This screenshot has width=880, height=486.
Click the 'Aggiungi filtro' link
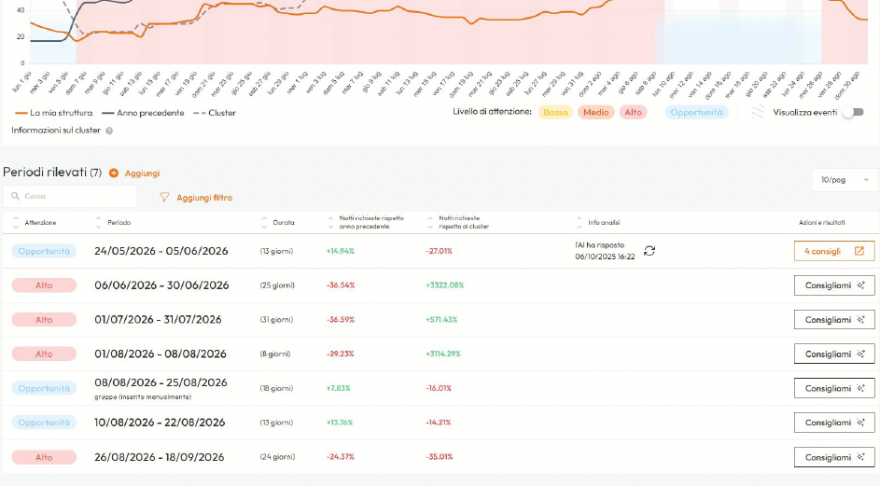pyautogui.click(x=203, y=198)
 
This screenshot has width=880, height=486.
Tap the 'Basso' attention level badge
pyautogui.click(x=555, y=112)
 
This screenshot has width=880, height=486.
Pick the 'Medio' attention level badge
pyautogui.click(x=596, y=112)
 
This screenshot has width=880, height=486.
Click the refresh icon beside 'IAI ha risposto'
pyautogui.click(x=650, y=251)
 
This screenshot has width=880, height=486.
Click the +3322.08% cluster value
pyautogui.click(x=444, y=285)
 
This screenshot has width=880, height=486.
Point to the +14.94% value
pyautogui.click(x=341, y=251)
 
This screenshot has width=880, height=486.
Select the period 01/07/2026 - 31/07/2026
pyautogui.click(x=158, y=319)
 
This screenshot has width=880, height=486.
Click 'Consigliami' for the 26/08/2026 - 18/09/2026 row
pyautogui.click(x=833, y=457)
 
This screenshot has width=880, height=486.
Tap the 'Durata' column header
pyautogui.click(x=283, y=223)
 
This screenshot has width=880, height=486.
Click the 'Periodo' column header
pyautogui.click(x=119, y=223)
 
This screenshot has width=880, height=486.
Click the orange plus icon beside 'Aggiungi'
pyautogui.click(x=114, y=173)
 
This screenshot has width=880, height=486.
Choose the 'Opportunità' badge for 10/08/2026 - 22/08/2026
pyautogui.click(x=44, y=423)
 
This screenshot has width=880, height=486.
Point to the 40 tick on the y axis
pyautogui.click(x=20, y=37)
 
